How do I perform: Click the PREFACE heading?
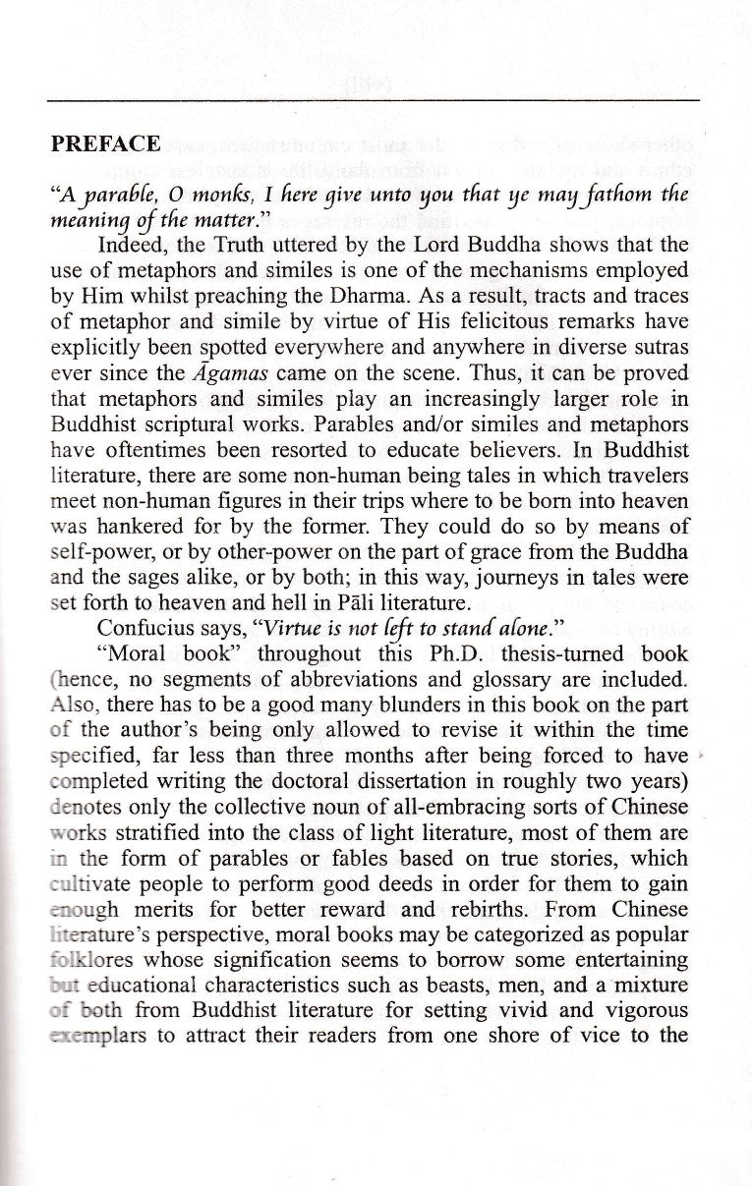105,143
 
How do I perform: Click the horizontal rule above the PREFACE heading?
374,100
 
